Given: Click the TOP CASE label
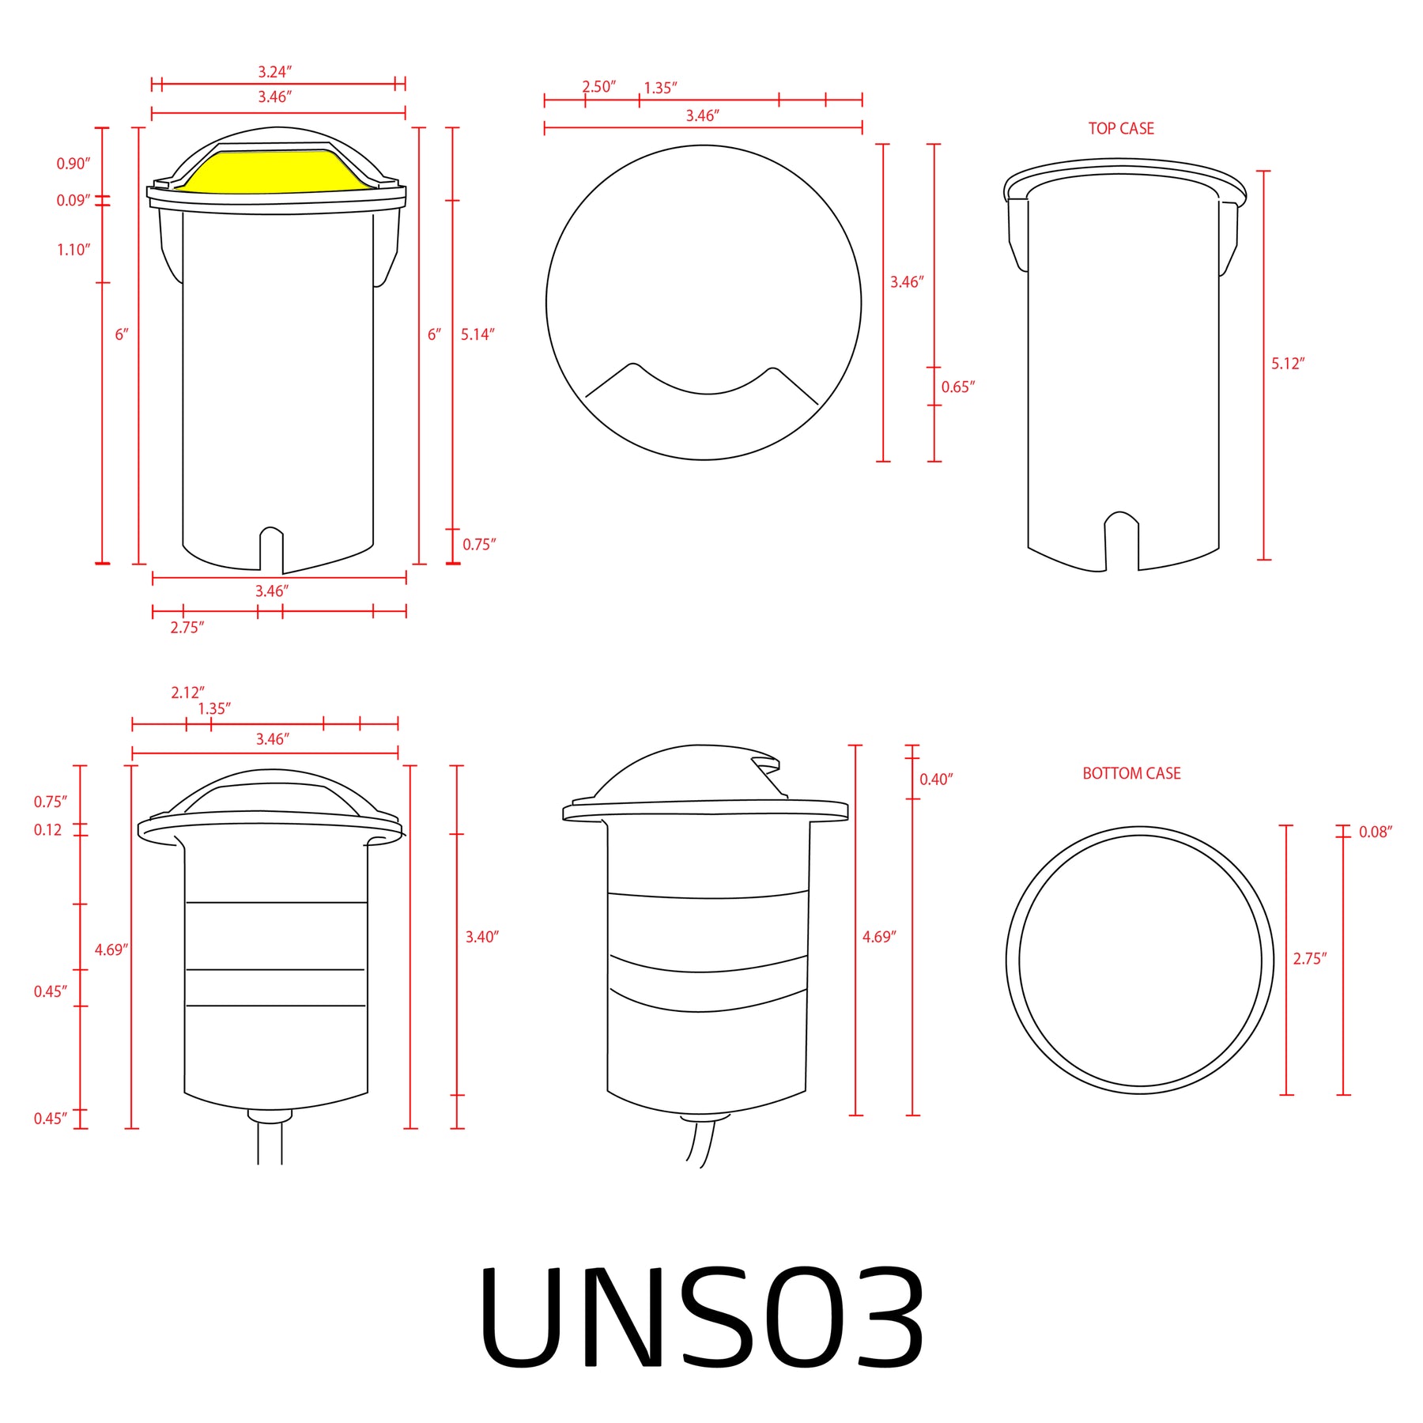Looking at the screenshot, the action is pos(1121,128).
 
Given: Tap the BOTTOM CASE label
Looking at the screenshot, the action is pos(1131,773).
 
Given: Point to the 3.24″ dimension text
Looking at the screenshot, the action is pos(274,72).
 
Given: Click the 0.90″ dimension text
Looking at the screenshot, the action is pos(73,164).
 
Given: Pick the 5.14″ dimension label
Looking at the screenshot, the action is pos(477,334).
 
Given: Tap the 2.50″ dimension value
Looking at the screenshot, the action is pos(598,87).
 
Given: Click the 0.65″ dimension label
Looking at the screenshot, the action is pos(957,387).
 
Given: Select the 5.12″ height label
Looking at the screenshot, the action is pos(1288,364).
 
